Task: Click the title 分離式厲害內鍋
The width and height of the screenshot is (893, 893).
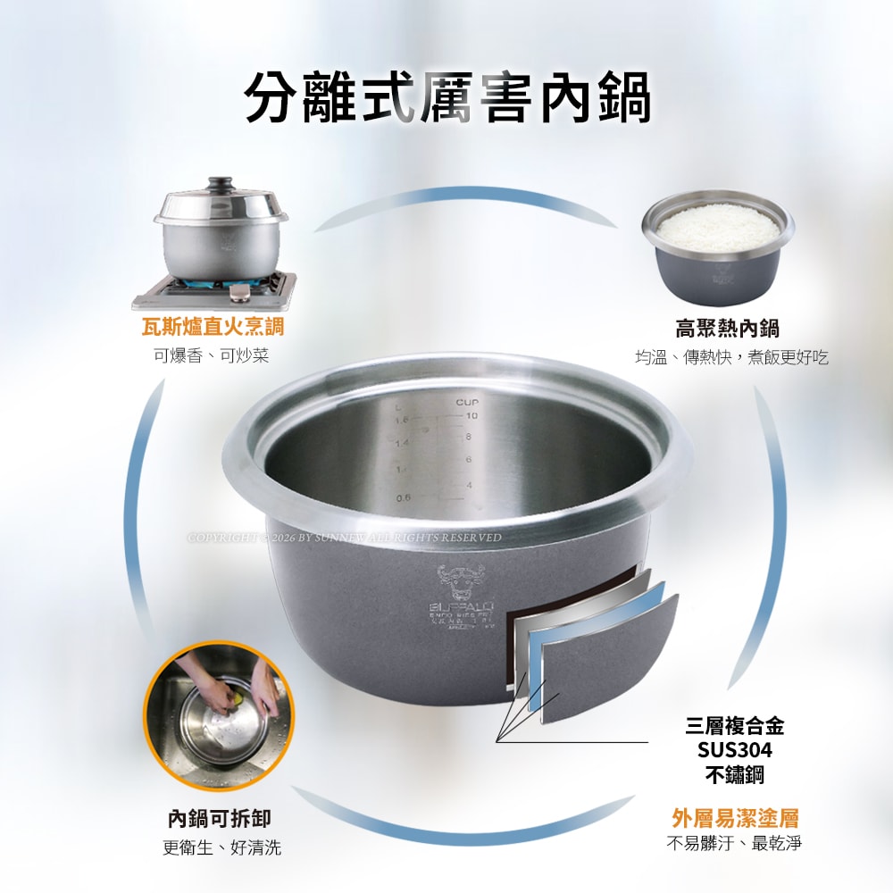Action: coord(446,96)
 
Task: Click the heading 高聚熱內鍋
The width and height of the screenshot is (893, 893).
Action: coord(727,329)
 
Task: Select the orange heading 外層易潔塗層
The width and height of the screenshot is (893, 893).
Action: coord(735,817)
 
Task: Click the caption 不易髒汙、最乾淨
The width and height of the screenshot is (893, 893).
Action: coord(734,843)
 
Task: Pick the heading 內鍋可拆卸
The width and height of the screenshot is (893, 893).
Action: coord(220,818)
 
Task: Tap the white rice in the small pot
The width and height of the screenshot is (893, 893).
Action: coord(717,229)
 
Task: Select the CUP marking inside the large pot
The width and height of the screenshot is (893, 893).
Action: coord(467,404)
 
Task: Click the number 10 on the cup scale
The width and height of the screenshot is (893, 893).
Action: coord(472,416)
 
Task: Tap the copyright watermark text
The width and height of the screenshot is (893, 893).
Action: coord(344,538)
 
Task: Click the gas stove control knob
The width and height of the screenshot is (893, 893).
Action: coord(238,294)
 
